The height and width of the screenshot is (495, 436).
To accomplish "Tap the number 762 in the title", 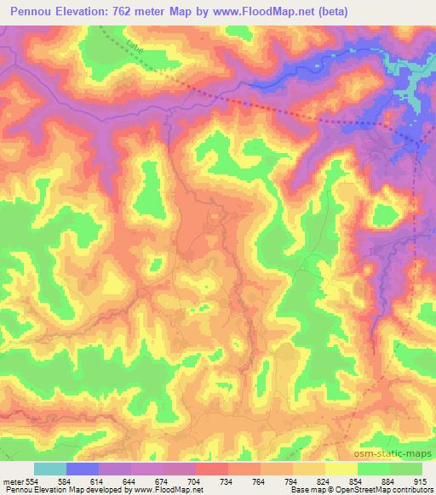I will click(x=128, y=11).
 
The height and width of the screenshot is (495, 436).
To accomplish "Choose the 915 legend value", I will click(x=422, y=481).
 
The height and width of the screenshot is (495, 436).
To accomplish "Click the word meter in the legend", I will click(x=13, y=481).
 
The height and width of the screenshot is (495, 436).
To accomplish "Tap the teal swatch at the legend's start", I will click(x=50, y=469).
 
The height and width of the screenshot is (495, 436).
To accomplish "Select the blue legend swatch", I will click(x=83, y=469).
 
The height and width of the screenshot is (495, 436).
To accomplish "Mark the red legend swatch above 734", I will click(x=211, y=469).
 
